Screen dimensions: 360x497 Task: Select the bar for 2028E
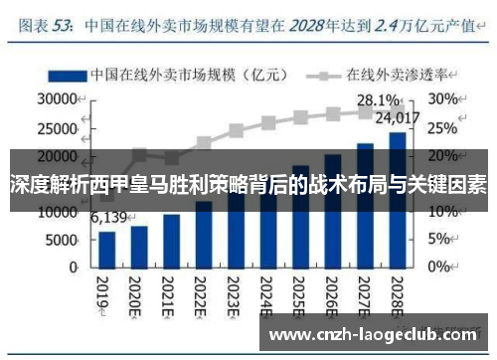pyautogui.click(x=397, y=199)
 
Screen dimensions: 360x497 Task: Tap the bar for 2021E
pyautogui.click(x=172, y=241)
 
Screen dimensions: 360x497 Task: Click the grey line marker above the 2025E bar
pyautogui.click(x=300, y=117)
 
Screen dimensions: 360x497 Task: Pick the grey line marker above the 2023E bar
pyautogui.click(x=237, y=130)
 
